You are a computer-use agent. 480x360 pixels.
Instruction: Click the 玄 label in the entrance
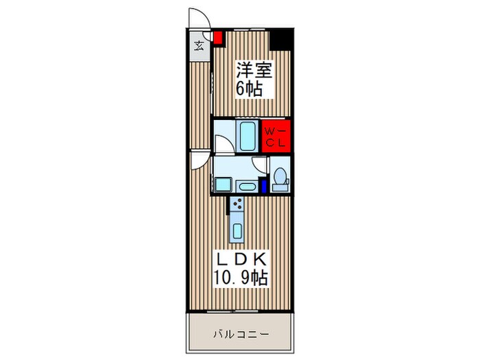[199, 46]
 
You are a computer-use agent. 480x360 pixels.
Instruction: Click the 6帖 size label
[250, 88]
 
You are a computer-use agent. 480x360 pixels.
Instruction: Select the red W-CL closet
[277, 136]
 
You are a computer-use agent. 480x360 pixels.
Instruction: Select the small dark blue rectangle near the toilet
[263, 186]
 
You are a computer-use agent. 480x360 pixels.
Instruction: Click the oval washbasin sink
[247, 186]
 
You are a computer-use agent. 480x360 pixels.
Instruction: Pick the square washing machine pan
[223, 184]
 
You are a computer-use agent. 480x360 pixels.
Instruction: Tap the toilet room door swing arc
[259, 165]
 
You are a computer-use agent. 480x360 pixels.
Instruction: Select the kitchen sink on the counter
[237, 230]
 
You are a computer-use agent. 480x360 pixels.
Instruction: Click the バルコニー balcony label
[240, 334]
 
